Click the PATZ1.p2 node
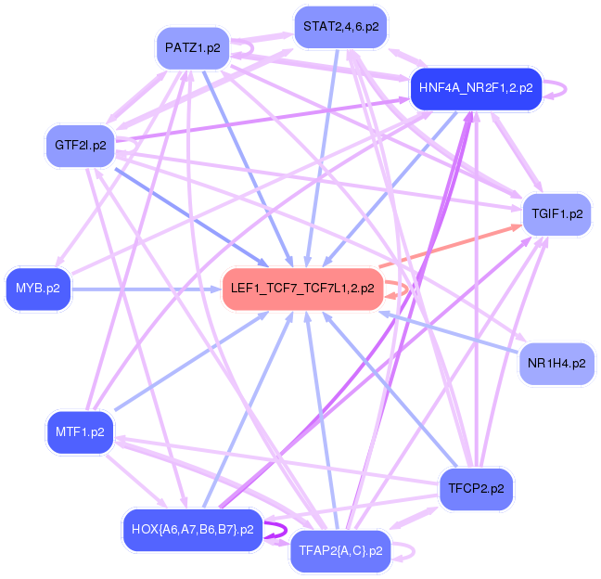[x=192, y=48]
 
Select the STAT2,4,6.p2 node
[x=340, y=27]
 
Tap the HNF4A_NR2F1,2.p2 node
[x=475, y=88]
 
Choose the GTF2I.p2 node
[x=80, y=145]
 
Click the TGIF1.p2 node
[x=557, y=213]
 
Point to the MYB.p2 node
[x=37, y=289]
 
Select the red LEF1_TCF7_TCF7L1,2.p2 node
[x=302, y=289]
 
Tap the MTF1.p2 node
[x=80, y=432]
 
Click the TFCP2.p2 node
[x=476, y=487]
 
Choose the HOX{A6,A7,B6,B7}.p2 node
[x=193, y=529]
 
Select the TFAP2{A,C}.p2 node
[x=340, y=551]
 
